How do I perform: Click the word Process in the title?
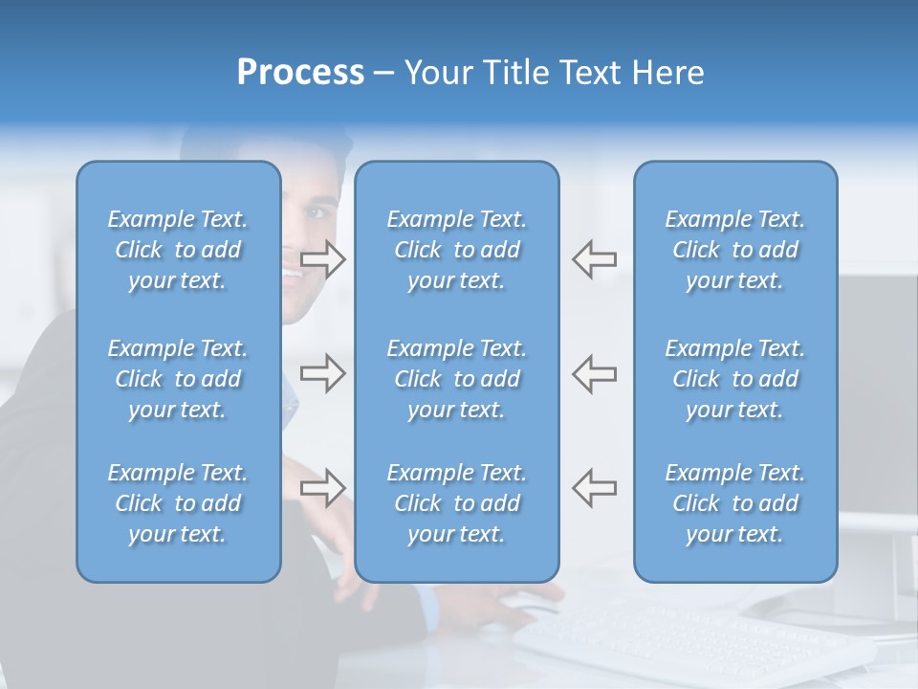pyautogui.click(x=300, y=73)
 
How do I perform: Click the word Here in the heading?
pyautogui.click(x=668, y=73)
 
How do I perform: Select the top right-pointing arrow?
pyautogui.click(x=322, y=259)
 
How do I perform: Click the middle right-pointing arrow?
pyautogui.click(x=322, y=373)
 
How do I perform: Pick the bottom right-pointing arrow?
pyautogui.click(x=322, y=488)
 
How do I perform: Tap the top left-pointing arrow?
pyautogui.click(x=594, y=259)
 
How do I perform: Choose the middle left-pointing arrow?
pyautogui.click(x=594, y=373)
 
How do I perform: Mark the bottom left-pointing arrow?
pyautogui.click(x=594, y=488)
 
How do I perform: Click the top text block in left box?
pyautogui.click(x=178, y=250)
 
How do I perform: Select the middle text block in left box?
pyautogui.click(x=178, y=379)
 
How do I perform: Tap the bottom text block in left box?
pyautogui.click(x=178, y=503)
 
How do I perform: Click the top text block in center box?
pyautogui.click(x=456, y=250)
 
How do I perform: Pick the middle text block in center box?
pyautogui.click(x=456, y=379)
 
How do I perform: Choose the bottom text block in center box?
pyautogui.click(x=456, y=503)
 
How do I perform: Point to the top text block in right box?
pyautogui.click(x=734, y=250)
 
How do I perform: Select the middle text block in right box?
pyautogui.click(x=734, y=379)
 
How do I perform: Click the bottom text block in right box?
pyautogui.click(x=734, y=503)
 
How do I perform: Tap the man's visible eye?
pyautogui.click(x=320, y=211)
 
